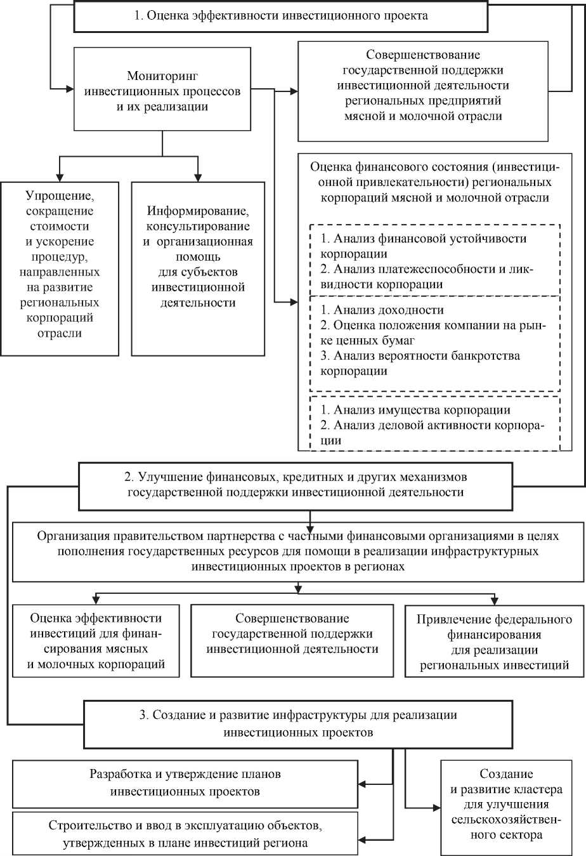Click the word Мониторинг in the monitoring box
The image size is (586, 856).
tap(162, 76)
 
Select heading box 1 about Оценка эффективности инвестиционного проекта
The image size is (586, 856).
tap(280, 16)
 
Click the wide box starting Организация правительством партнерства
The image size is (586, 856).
tap(298, 551)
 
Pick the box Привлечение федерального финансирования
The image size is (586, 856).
tap(494, 642)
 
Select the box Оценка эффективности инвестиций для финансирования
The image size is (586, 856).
tap(96, 641)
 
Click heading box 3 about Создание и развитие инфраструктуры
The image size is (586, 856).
tap(297, 723)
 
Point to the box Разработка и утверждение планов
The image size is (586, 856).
tap(185, 782)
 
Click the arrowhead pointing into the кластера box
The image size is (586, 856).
tap(436, 808)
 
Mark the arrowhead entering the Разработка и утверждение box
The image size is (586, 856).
tap(363, 784)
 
